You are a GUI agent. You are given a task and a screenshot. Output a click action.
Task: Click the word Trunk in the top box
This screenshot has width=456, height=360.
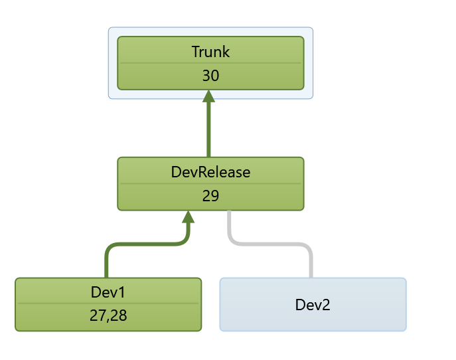(x=210, y=52)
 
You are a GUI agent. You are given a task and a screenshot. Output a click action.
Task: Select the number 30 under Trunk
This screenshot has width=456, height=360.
(x=210, y=76)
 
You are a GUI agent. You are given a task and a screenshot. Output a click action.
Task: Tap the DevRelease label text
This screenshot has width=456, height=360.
(x=210, y=173)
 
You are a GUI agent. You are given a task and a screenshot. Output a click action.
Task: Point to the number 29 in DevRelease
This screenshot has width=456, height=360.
(x=210, y=197)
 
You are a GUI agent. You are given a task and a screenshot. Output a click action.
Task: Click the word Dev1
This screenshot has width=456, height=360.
(x=108, y=292)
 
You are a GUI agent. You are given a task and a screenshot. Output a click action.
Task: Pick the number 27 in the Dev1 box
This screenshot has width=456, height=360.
(x=98, y=316)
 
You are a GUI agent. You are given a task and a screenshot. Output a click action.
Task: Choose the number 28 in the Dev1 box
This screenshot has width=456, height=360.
(x=117, y=316)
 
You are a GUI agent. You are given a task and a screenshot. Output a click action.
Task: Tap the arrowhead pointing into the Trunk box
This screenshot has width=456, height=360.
(x=209, y=97)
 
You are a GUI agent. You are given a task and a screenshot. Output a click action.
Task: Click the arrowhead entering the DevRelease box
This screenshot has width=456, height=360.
(x=188, y=217)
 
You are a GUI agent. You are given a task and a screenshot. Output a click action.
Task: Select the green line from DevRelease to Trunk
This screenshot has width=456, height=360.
(x=209, y=130)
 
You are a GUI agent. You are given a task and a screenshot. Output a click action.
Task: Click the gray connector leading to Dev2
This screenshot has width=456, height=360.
(x=309, y=262)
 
